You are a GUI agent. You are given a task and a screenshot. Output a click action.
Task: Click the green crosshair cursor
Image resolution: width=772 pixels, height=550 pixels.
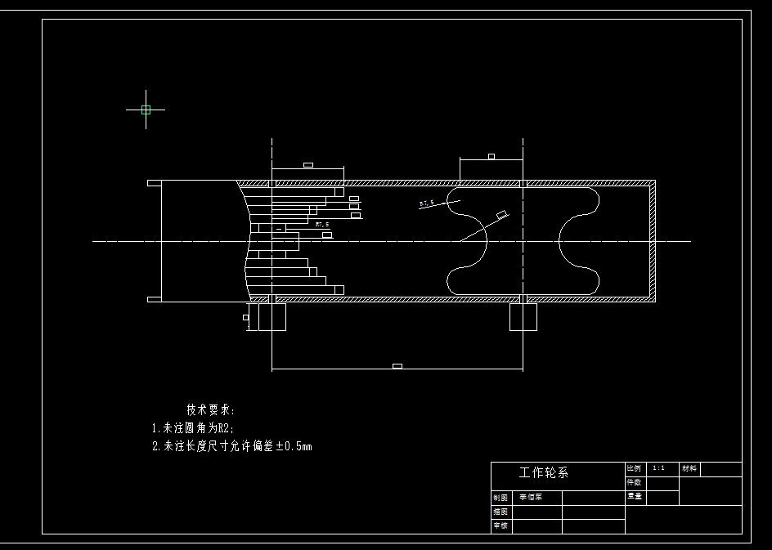click(146, 109)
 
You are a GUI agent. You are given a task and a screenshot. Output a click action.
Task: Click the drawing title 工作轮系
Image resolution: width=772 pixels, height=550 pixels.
click(543, 472)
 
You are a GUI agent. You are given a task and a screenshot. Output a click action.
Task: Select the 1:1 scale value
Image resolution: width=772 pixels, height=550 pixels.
click(658, 468)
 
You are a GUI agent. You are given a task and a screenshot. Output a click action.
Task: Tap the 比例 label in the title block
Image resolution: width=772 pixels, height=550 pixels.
click(634, 468)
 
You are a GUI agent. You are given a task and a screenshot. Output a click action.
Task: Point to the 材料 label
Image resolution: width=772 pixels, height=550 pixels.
click(689, 468)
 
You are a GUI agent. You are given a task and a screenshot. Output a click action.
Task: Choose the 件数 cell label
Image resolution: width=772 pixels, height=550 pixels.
click(634, 482)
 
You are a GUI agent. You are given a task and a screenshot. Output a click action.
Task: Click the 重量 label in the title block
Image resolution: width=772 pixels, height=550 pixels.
click(634, 496)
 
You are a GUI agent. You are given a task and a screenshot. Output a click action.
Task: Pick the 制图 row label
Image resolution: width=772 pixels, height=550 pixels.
click(500, 497)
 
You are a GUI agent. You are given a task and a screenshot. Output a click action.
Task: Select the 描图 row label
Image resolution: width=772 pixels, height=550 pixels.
click(500, 512)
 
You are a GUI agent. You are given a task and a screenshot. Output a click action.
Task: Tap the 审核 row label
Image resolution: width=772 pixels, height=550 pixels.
click(500, 525)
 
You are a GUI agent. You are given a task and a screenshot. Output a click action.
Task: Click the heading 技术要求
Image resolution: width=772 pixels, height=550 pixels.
click(210, 409)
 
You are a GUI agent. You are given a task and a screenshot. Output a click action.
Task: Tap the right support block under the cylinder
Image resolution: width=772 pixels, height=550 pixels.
click(523, 316)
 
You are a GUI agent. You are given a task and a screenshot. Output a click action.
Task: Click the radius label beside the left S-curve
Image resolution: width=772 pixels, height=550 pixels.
click(426, 203)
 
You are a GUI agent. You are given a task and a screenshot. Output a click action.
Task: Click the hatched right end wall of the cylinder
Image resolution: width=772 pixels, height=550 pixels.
click(652, 240)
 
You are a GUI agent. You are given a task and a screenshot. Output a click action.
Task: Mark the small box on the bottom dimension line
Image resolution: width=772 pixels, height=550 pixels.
click(397, 366)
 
